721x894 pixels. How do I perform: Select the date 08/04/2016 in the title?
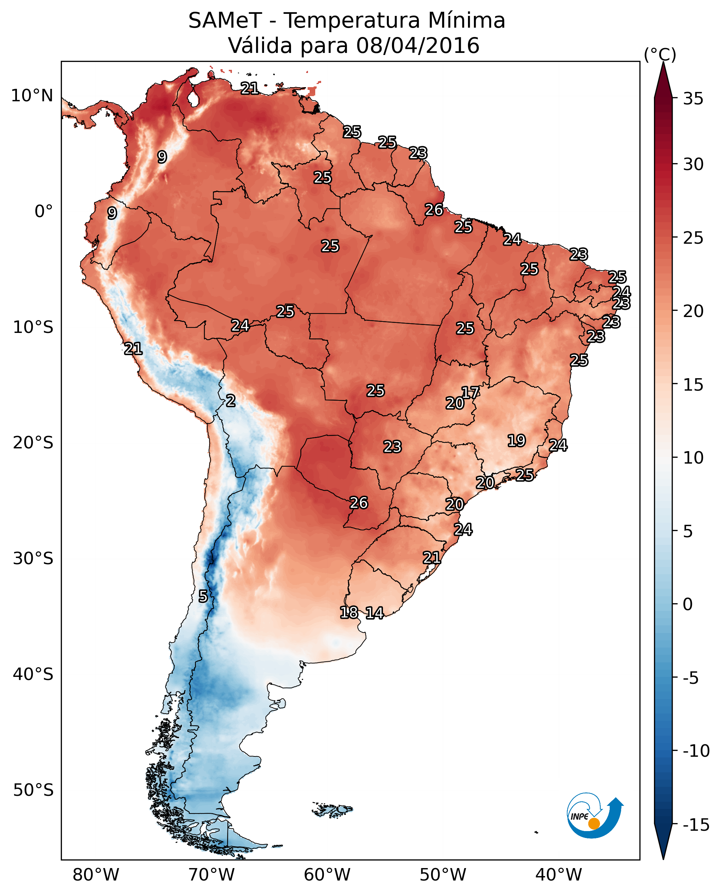(x=418, y=46)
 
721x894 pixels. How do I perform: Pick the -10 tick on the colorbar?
(x=696, y=751)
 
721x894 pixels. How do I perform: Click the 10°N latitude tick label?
(x=32, y=96)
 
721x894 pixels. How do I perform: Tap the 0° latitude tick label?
(x=44, y=212)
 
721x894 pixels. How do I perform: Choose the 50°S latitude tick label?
(x=33, y=790)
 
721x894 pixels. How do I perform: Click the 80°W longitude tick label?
(x=96, y=875)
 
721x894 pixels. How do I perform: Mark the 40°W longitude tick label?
(x=559, y=875)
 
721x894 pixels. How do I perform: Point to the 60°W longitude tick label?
(x=327, y=875)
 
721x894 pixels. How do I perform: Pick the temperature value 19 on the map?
(x=517, y=441)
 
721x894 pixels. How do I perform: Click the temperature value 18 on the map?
(x=349, y=612)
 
